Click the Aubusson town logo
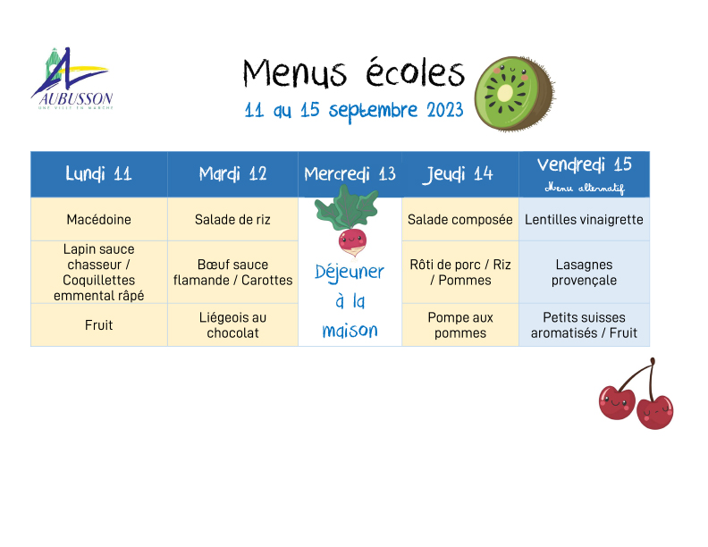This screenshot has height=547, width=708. [x=72, y=79]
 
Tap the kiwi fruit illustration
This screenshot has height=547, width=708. [x=515, y=94]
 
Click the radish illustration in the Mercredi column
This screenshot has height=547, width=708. [x=348, y=221]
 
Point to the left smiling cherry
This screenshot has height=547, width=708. [x=617, y=401]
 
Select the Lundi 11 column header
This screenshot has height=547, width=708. [x=99, y=174]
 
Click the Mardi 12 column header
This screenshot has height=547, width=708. [x=232, y=174]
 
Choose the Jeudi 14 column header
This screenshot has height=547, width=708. [x=460, y=174]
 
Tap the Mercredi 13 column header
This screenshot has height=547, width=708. [x=350, y=174]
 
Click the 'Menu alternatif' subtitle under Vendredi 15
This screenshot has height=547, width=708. [x=585, y=188]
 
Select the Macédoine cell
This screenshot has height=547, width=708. [x=99, y=219]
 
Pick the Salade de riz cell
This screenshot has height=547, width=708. [x=232, y=219]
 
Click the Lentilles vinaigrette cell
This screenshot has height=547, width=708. [x=585, y=219]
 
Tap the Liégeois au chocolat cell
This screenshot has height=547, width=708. [x=232, y=325]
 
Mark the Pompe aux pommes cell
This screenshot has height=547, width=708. [x=460, y=325]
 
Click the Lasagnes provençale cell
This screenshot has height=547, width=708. [x=585, y=272]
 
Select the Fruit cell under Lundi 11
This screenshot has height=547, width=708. [x=99, y=325]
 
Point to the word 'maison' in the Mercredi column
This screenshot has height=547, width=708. [x=350, y=331]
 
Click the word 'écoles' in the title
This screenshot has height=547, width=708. [x=415, y=72]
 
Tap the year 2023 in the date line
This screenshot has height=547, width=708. [x=445, y=110]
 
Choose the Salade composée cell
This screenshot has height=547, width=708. [x=460, y=219]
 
